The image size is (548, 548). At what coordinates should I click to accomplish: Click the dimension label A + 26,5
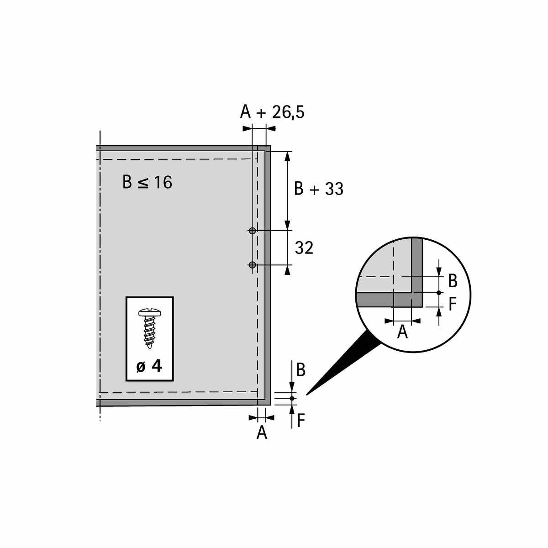pos(272,112)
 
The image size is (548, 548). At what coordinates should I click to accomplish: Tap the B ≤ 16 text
pos(147,182)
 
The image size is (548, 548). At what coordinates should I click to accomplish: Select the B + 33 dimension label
pos(319,189)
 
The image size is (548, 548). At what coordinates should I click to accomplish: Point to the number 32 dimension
pos(304,248)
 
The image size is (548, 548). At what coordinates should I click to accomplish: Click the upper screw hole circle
pos(252,231)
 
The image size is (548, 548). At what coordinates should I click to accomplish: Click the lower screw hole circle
pos(252,265)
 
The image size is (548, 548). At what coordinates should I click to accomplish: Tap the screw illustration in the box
pos(150,328)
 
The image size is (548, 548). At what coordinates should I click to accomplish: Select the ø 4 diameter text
pos(149,367)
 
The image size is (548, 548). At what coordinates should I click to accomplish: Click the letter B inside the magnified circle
pos(453,281)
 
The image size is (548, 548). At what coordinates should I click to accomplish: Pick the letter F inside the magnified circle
pos(453,304)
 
